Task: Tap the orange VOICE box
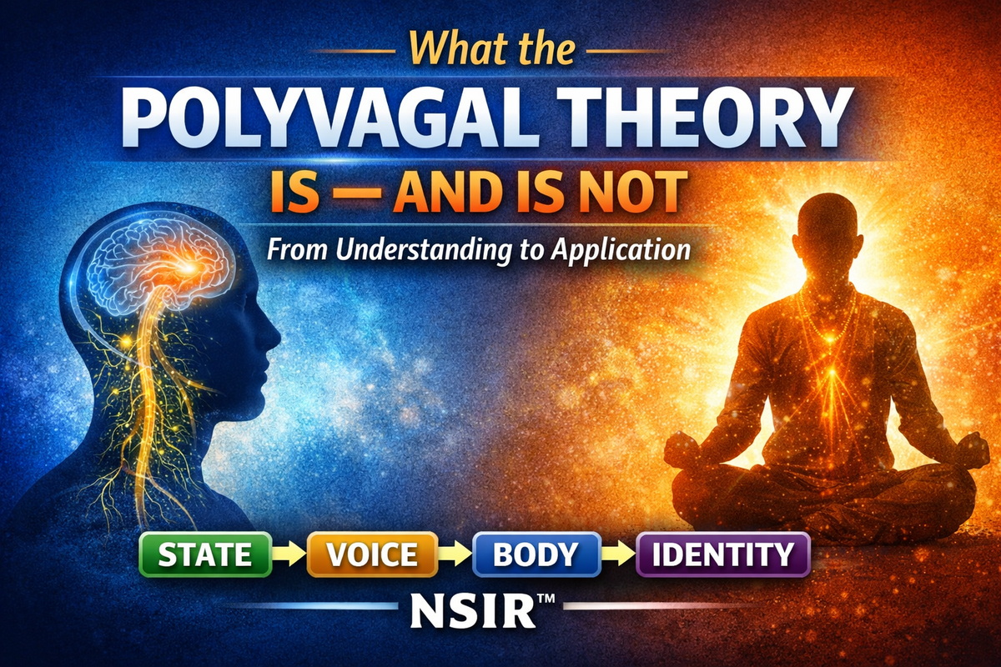372,554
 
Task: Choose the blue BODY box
536,554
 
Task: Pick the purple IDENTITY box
722,554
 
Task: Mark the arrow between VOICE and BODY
454,554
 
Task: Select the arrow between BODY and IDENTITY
618,554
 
